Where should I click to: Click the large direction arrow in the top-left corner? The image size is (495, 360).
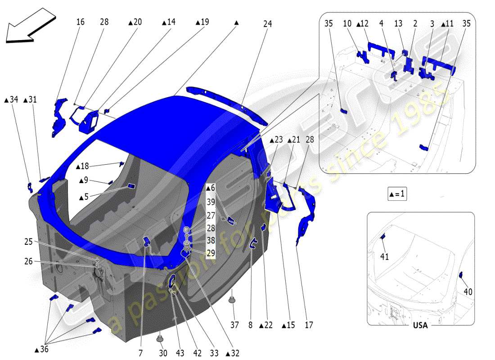(x=29, y=26)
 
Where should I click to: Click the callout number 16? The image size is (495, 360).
(x=80, y=22)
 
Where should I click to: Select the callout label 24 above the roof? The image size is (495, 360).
(x=268, y=25)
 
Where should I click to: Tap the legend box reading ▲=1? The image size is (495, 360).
(x=397, y=194)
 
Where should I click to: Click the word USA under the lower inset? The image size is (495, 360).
(x=420, y=325)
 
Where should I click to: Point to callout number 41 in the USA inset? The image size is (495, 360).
(x=384, y=257)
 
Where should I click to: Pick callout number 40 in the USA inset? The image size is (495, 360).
(x=468, y=292)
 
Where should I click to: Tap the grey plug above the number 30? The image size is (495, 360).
(x=160, y=337)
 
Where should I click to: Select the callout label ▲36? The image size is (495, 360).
(x=43, y=349)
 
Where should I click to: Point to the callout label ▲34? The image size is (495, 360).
(x=12, y=99)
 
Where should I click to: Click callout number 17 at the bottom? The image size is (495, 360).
(x=309, y=325)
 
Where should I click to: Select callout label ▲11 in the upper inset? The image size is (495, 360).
(x=447, y=23)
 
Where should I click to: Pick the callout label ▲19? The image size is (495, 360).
(x=202, y=22)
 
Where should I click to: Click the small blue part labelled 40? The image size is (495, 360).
(x=460, y=275)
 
